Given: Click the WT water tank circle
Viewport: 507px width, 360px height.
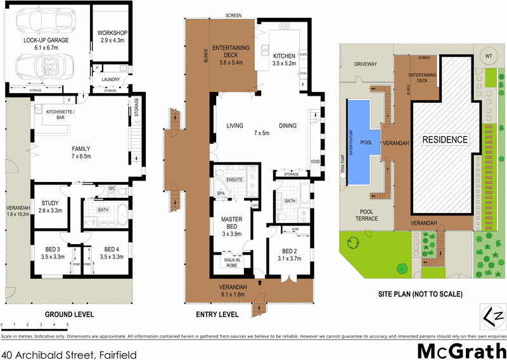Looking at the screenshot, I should coord(488,56).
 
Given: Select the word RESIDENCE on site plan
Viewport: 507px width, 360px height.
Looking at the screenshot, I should coord(445,139).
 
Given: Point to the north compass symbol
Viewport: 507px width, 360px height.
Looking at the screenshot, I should coord(493,316).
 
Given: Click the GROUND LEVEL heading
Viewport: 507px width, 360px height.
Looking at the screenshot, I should coord(69,314).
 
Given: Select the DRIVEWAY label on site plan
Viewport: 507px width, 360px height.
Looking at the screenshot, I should coord(365,64).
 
